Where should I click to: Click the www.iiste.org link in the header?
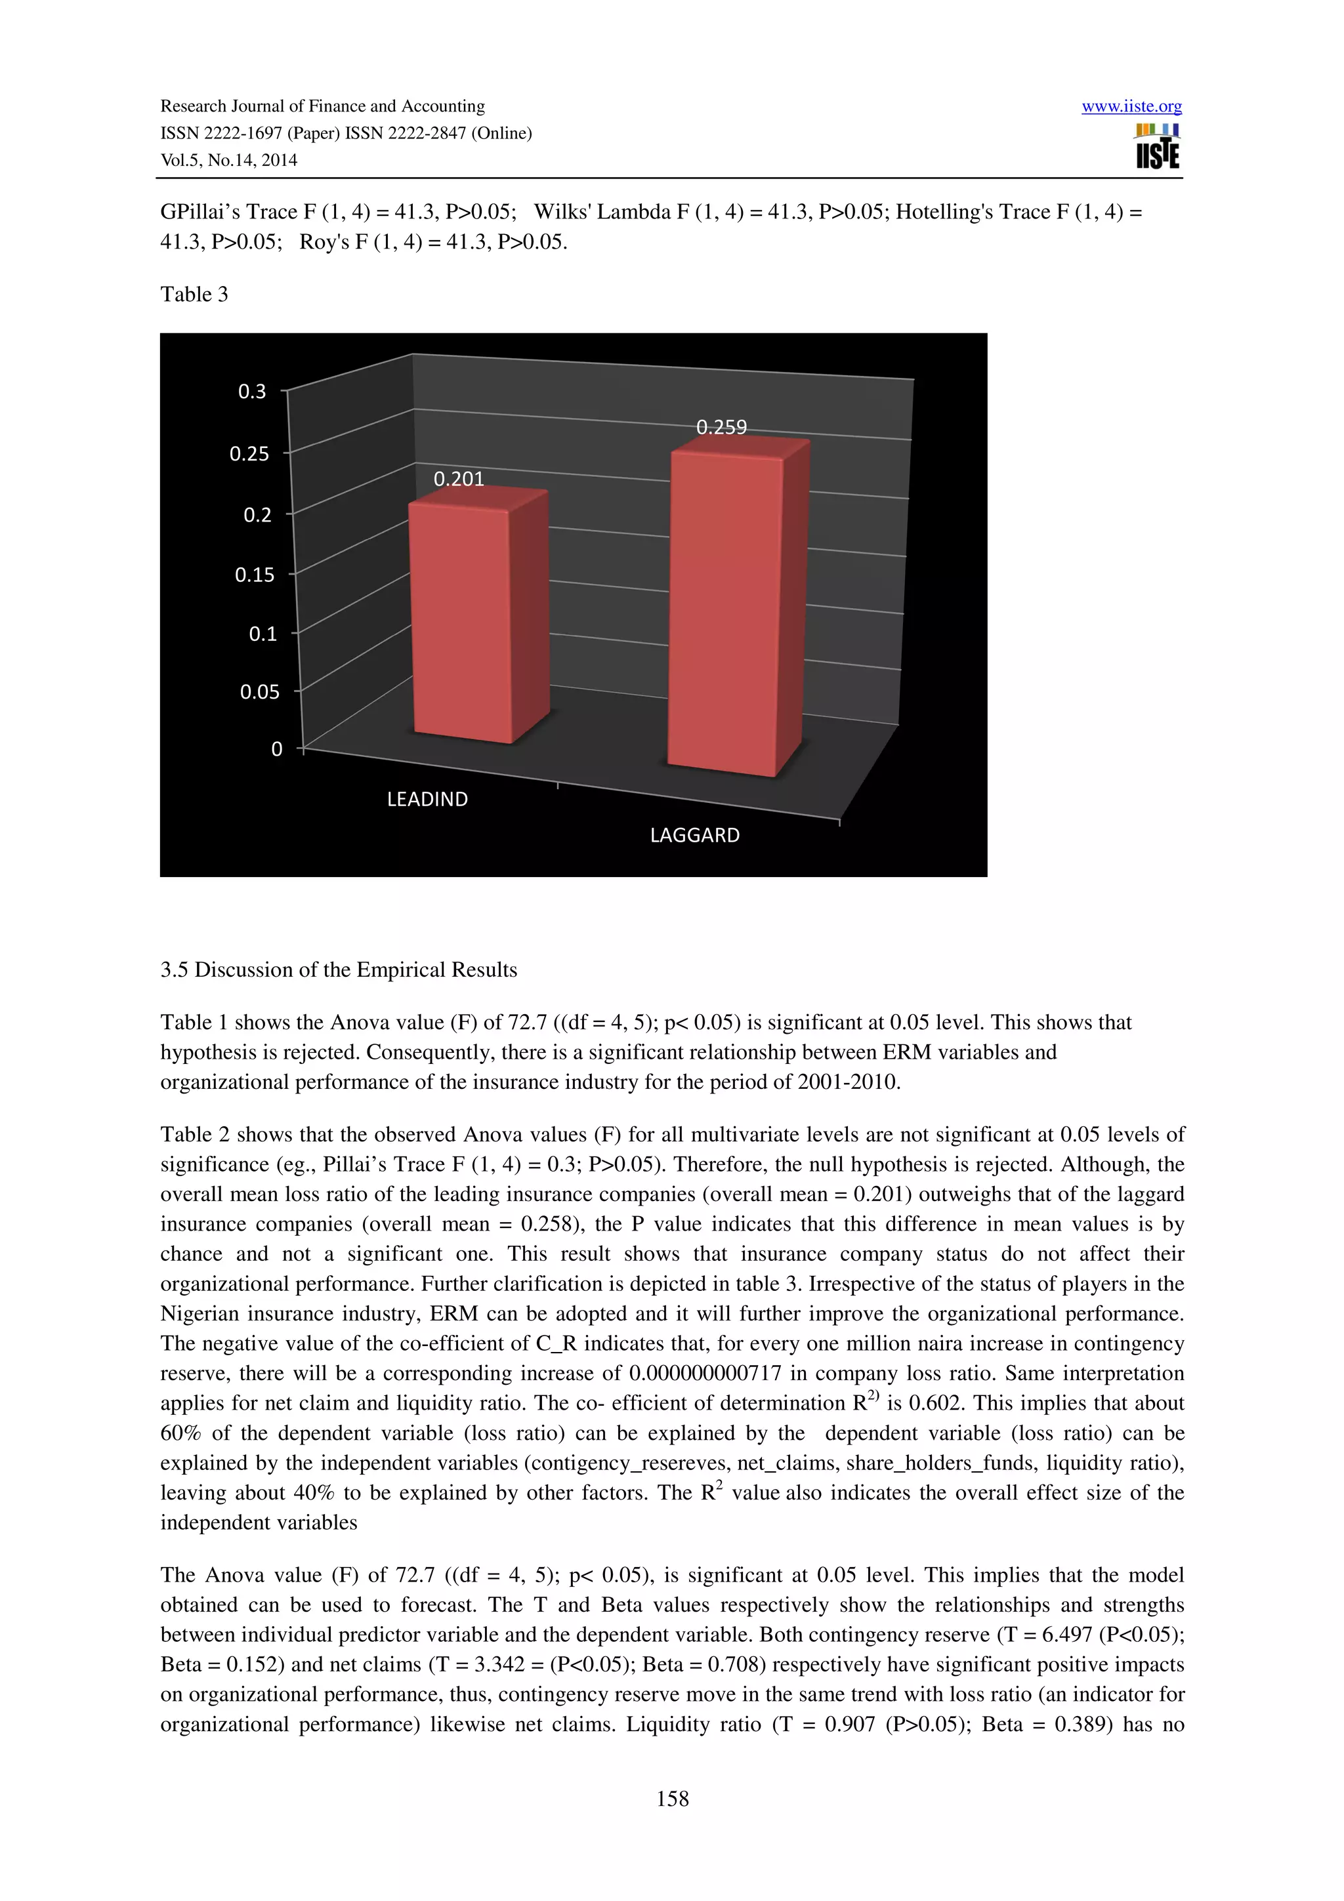[1131, 106]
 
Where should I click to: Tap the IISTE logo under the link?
[1157, 148]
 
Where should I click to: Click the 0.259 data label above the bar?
[721, 427]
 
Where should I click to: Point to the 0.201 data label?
[459, 479]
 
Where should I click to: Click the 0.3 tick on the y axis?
[253, 392]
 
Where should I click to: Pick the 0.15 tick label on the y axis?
[254, 575]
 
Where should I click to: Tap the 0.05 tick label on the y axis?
[259, 692]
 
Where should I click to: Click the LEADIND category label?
[427, 799]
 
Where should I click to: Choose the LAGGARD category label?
[695, 836]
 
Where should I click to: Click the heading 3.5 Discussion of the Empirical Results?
[339, 970]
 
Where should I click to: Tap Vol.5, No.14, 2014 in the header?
[228, 161]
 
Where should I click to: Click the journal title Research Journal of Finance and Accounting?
[322, 106]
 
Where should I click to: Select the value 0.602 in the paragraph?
[933, 1403]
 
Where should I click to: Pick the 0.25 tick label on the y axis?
[249, 454]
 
